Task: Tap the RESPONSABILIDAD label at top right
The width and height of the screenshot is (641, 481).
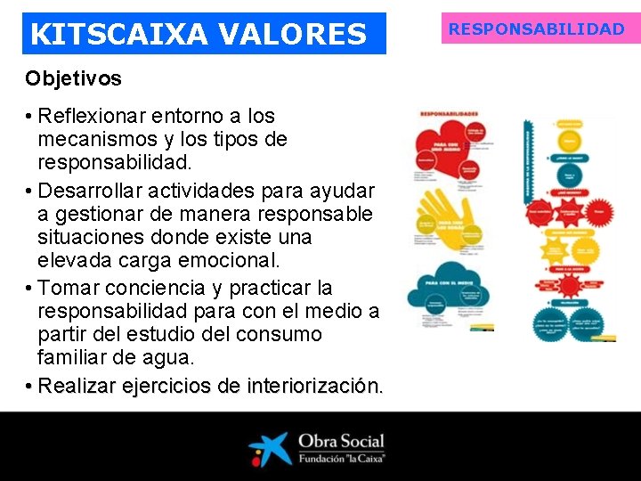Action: coord(536,29)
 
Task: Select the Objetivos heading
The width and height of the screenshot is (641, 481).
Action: coord(73,78)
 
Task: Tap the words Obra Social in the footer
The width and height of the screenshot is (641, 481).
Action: coord(341,441)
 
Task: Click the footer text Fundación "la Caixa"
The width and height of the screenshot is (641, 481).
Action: coord(341,460)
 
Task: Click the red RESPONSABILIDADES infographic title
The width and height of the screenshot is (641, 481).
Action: coord(450,114)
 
